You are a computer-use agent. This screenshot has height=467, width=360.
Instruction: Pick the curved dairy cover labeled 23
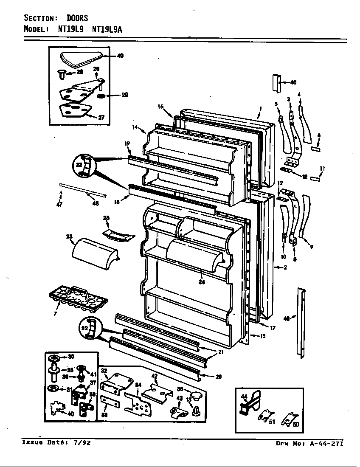coord(94,254)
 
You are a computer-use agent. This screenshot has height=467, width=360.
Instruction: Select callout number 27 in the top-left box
coord(101,118)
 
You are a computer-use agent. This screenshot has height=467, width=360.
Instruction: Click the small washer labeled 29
coord(101,96)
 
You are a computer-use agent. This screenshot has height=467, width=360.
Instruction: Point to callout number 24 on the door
coord(202,281)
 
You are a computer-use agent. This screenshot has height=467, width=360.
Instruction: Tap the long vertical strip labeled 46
coord(301,321)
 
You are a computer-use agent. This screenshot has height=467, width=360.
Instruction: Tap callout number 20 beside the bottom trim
coord(218,376)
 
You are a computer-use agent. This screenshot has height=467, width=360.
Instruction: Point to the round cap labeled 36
coord(195,397)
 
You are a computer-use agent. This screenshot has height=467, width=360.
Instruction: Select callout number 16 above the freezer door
coord(161,107)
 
